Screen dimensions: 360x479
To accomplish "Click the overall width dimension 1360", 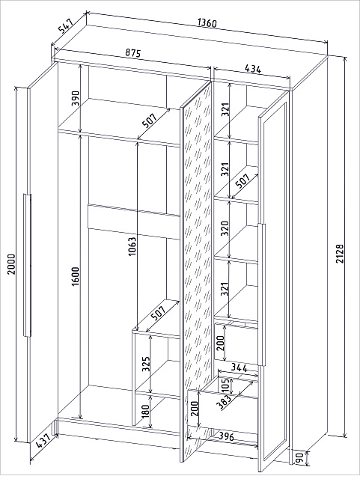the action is [207, 23].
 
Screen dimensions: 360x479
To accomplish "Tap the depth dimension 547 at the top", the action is [66, 26].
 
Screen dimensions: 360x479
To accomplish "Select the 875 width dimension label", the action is [132, 53].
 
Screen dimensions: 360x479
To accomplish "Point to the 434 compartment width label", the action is [253, 69].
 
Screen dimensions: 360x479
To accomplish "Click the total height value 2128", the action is [340, 253].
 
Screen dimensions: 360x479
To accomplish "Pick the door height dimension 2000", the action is [11, 264].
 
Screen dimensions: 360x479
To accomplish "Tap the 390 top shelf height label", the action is [75, 98].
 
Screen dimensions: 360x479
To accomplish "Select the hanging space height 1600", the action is [75, 277].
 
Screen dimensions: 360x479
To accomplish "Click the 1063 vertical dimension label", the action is [132, 246].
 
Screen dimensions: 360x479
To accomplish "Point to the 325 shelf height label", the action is [147, 364].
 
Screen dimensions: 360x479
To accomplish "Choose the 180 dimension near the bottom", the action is [146, 412].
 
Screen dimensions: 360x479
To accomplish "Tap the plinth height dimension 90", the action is [299, 457].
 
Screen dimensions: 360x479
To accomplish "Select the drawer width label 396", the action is [227, 437].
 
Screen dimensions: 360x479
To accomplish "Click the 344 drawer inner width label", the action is [239, 367].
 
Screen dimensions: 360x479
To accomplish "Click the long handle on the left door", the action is [27, 265].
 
